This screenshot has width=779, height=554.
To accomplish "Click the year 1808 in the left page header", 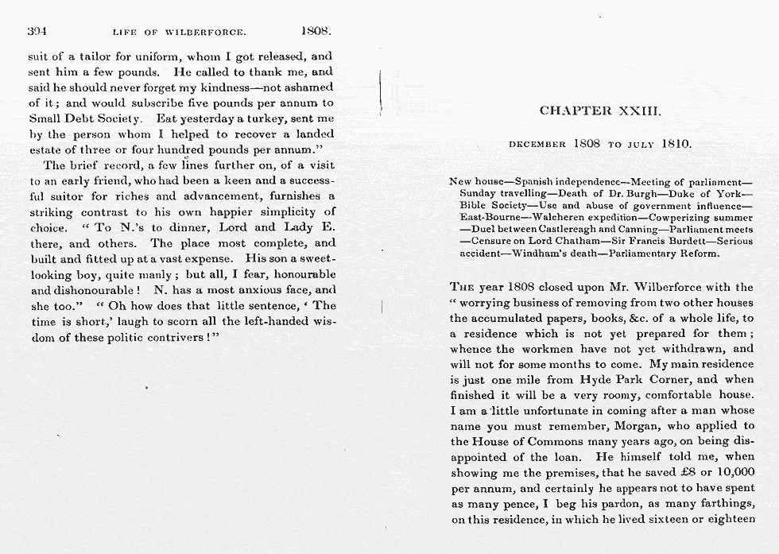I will [x=316, y=32].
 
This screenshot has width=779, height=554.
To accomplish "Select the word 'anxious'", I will [x=249, y=290].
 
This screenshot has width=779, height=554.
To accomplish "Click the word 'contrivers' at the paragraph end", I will [x=172, y=336].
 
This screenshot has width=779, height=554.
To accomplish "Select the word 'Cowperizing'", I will [x=681, y=218].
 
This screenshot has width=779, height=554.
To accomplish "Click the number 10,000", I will [x=733, y=472].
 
